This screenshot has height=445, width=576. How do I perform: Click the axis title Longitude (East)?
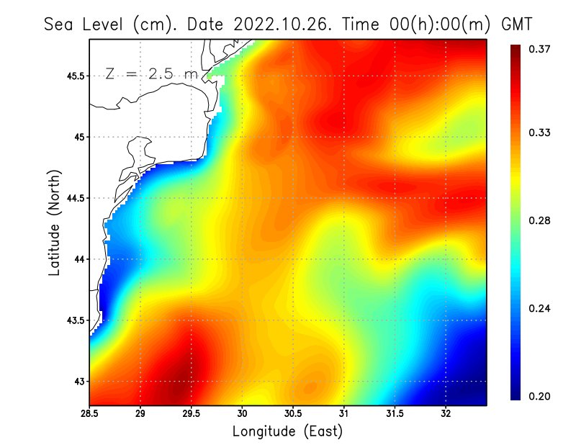click(x=287, y=431)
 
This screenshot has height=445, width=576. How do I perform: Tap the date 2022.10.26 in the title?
click(x=279, y=24)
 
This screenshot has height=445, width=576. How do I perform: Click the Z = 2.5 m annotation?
click(x=151, y=74)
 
